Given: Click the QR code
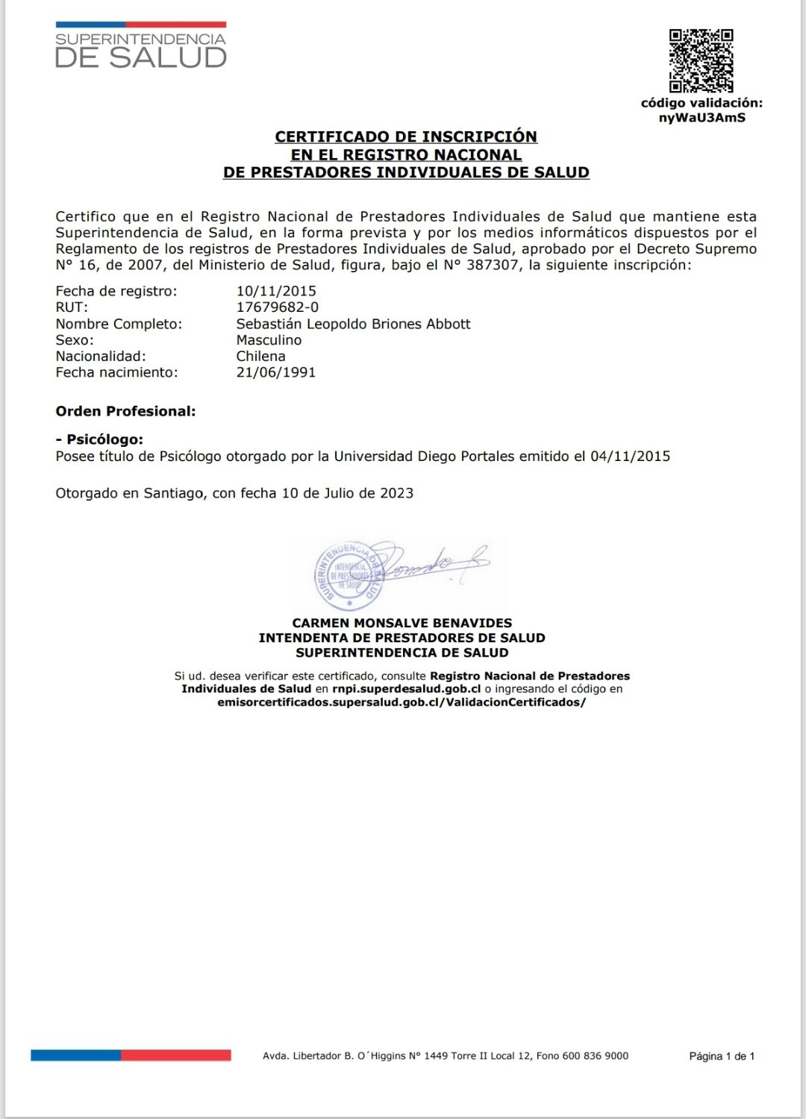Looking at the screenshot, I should pos(701,60).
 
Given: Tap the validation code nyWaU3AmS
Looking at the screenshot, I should pos(702,118).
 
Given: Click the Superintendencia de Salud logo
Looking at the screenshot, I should pos(140,46).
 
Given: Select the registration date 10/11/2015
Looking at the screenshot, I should pos(276,291).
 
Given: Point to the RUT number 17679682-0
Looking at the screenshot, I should pos(277,307).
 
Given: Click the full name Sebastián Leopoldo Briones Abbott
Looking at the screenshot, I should pos(353,324).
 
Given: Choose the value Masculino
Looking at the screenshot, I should pos(269,340).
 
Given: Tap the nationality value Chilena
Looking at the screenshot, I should pos(260,357).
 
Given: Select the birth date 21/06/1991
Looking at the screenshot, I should pos(276,372).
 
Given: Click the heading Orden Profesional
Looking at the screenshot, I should pos(125,411).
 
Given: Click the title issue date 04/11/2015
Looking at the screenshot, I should pos(630,456).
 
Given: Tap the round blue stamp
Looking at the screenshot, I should pos(349,576).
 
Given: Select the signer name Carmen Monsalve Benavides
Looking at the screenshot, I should pos(402,623).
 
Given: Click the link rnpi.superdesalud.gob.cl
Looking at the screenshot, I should pos(406,689).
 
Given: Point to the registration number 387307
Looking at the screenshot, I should pos(493,265).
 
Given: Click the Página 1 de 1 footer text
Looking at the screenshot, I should pos(722,1056).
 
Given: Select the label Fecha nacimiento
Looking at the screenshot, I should pos(116,372).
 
